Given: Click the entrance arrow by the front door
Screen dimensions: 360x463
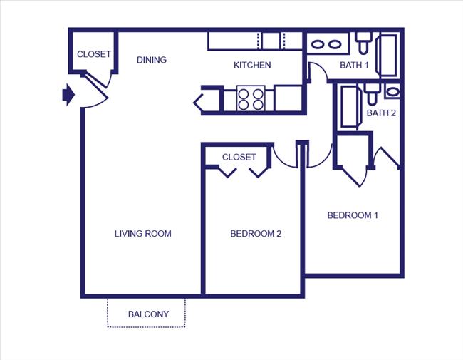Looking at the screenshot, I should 68,94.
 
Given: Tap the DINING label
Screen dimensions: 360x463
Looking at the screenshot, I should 152,60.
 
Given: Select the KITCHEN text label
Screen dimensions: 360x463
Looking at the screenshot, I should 252,66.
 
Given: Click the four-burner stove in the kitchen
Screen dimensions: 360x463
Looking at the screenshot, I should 250,98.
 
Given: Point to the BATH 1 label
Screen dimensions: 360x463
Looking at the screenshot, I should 354,66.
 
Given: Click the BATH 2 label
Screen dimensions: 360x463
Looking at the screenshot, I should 381,113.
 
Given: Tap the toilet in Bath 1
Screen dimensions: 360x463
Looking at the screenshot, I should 363,43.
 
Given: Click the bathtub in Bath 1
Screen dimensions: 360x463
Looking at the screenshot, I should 388,53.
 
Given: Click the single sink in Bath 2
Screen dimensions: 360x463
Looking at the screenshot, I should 392,91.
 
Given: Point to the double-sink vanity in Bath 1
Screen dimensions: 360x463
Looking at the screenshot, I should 326,43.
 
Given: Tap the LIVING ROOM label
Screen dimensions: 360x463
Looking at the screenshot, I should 143,234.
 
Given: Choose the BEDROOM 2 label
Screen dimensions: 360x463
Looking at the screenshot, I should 256,234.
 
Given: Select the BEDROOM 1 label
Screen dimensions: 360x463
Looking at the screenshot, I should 353,215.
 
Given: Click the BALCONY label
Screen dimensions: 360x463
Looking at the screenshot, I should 148,314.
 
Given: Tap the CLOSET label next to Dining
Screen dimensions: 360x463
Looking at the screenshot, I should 94,54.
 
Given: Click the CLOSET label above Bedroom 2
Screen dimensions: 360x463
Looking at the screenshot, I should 239,157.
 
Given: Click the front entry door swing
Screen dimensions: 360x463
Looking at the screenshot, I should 95,93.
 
